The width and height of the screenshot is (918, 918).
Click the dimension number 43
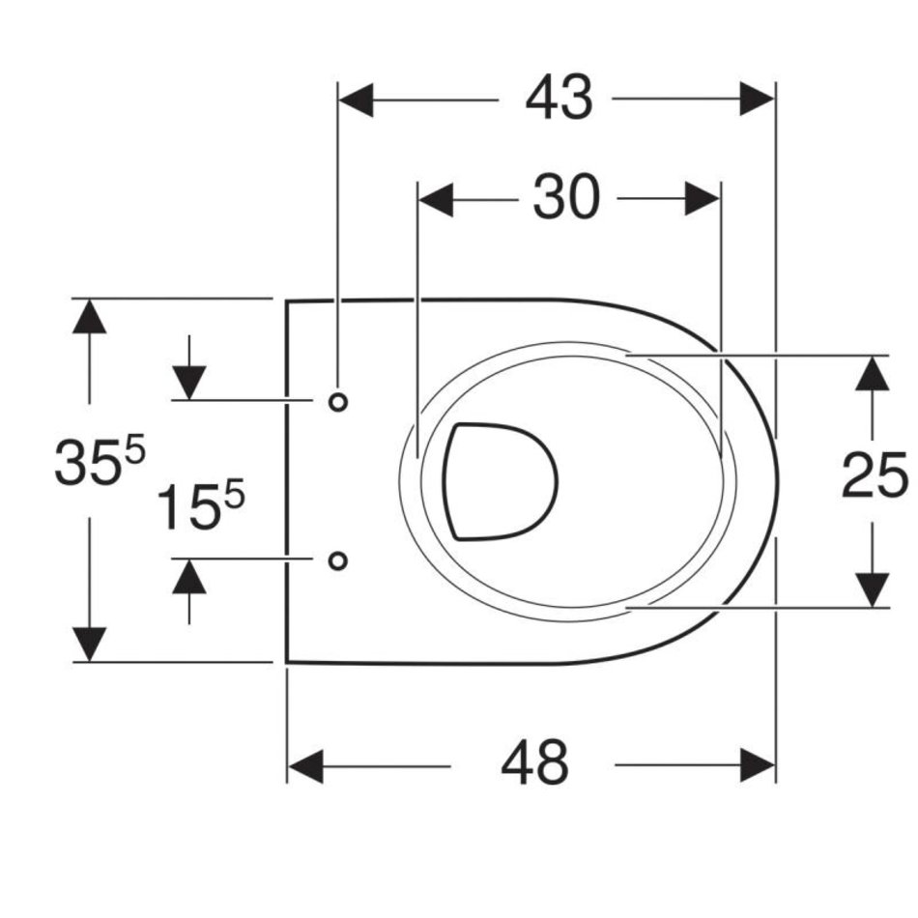coord(559,99)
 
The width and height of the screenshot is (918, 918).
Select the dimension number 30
coord(566,198)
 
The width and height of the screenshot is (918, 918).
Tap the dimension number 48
coord(534,764)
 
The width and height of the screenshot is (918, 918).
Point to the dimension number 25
coord(875,476)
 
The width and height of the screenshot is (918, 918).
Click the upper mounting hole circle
coord(338,402)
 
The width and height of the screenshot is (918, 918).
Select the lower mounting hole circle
coord(338,560)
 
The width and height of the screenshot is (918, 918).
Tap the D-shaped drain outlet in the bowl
coord(501,481)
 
